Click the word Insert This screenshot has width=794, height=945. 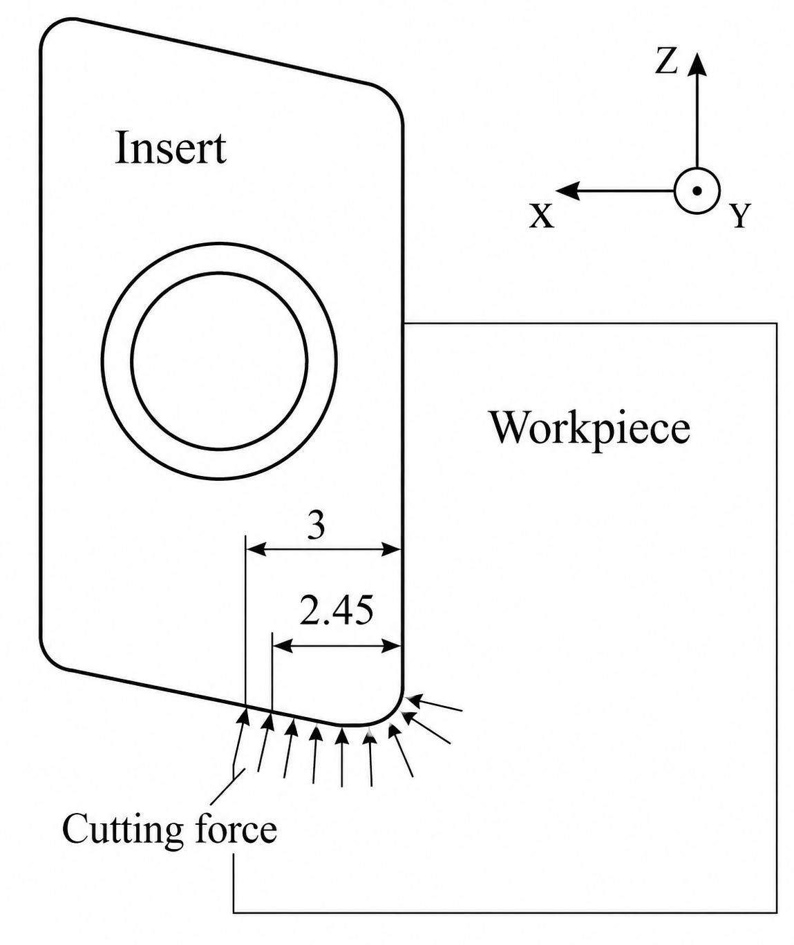tap(171, 148)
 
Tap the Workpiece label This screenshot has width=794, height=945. tap(591, 428)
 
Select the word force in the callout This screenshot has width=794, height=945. tap(236, 828)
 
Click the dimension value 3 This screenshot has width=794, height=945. tap(316, 526)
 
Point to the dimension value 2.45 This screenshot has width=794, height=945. tap(337, 611)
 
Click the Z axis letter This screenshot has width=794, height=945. tap(667, 62)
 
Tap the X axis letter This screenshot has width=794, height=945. tap(541, 216)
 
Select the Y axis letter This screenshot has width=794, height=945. tap(740, 216)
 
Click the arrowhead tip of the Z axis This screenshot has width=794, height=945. tap(697, 52)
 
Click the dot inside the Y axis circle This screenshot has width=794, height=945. tap(697, 191)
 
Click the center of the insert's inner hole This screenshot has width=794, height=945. tap(219, 361)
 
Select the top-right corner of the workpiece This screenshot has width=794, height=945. tap(777, 323)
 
